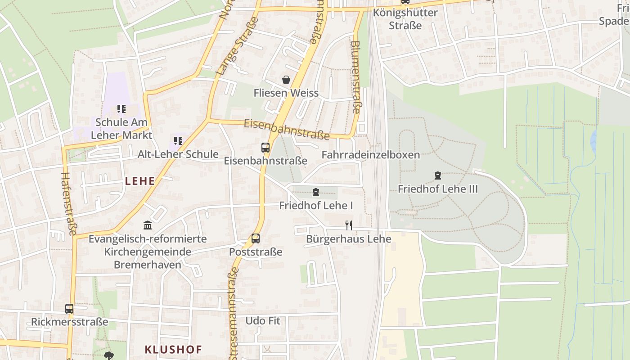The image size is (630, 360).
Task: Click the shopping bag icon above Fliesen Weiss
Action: tap(286, 80)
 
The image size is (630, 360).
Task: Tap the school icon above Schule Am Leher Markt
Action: tap(121, 109)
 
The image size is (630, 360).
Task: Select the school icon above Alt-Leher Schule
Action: tap(178, 141)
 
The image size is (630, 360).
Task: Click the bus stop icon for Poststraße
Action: tap(256, 238)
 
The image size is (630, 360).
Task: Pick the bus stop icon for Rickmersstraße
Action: tap(69, 309)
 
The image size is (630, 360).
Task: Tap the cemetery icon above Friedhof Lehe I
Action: tap(316, 193)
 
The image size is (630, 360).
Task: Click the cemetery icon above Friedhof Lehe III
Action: tap(438, 175)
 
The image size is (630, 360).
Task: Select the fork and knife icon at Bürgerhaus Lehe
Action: tap(348, 225)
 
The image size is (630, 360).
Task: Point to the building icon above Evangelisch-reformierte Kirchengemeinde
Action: tap(148, 225)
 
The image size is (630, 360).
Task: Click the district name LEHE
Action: tap(140, 181)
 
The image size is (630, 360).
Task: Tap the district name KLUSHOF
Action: tap(173, 349)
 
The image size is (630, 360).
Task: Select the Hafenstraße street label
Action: tap(69, 203)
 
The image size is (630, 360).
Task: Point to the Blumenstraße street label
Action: tap(355, 77)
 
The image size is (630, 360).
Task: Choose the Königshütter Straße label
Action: tap(405, 19)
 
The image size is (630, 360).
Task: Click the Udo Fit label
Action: tap(263, 321)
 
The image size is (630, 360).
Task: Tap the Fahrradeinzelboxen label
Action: tap(370, 155)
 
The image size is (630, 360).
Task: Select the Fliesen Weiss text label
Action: tap(286, 93)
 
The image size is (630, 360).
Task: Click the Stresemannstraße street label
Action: tap(233, 315)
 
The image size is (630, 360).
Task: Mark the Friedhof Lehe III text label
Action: tap(438, 189)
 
